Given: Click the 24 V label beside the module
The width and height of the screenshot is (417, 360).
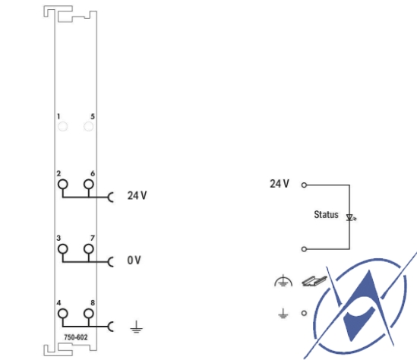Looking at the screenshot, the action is coord(137,195).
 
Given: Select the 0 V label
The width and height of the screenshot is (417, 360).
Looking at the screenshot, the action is coord(134,260).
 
